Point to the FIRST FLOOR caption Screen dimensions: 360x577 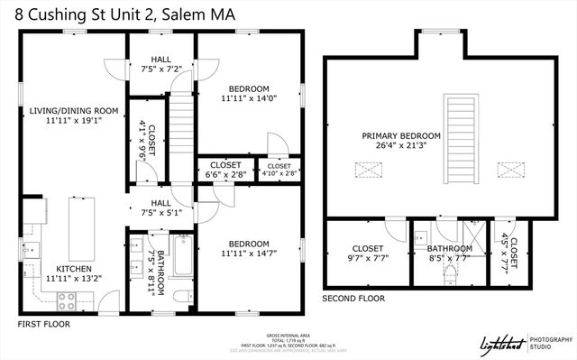tap(43, 323)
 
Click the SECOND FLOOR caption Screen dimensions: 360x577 tap(353, 298)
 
